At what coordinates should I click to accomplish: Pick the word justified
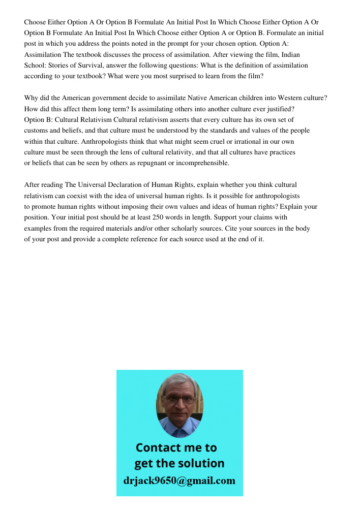[280, 109]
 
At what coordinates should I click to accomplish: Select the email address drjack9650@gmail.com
[179, 480]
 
